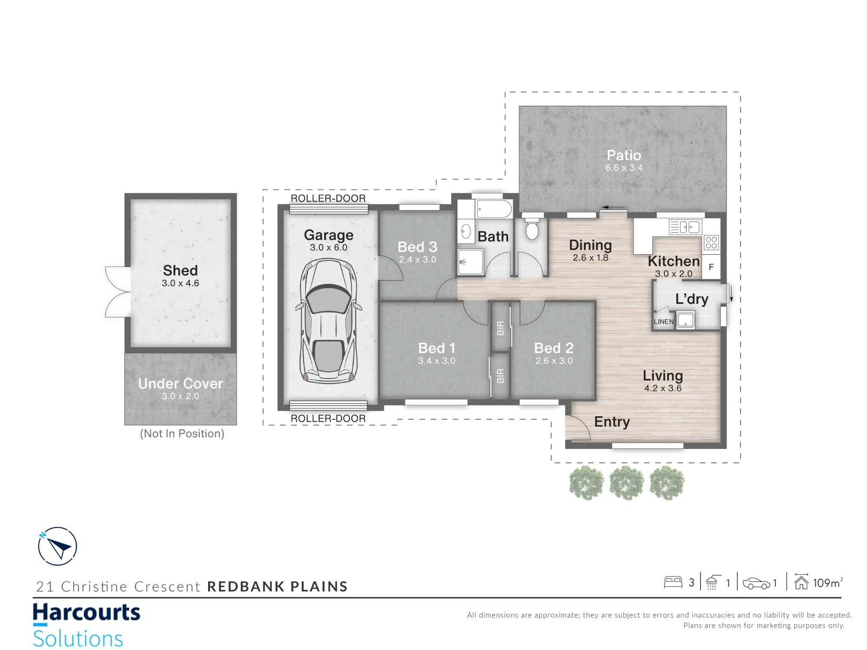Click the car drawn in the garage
coord(328,321)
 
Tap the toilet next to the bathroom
coord(532,229)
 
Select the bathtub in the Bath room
coord(494,209)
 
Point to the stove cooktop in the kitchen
coord(711,243)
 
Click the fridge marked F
coord(711,267)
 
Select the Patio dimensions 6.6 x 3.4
coord(624,168)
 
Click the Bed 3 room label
coord(417,247)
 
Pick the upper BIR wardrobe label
coord(500,328)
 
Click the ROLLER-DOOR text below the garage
coord(328,419)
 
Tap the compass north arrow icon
coord(57,546)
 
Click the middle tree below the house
coord(626,483)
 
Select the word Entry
coord(612,422)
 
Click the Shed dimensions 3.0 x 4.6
coord(180,283)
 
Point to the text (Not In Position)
coord(182,434)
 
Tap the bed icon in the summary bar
coord(673,582)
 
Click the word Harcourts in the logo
coord(87,613)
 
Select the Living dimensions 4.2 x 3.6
coord(663,388)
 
